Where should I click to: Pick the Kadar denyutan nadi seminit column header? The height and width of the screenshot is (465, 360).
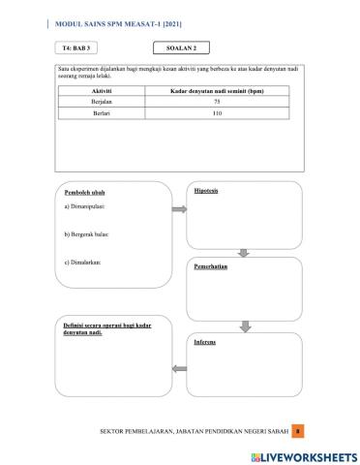tap(217, 91)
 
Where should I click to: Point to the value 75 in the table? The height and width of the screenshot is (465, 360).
tap(217, 102)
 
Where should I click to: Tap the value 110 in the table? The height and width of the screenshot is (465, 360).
tap(217, 113)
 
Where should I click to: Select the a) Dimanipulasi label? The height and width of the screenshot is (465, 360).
tap(78, 206)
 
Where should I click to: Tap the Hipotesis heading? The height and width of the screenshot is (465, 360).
tap(206, 191)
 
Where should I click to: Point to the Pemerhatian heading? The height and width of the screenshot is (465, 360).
tap(210, 265)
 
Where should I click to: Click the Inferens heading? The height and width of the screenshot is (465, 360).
tap(204, 342)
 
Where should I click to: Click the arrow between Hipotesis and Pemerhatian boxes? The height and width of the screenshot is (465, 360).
tap(244, 254)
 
